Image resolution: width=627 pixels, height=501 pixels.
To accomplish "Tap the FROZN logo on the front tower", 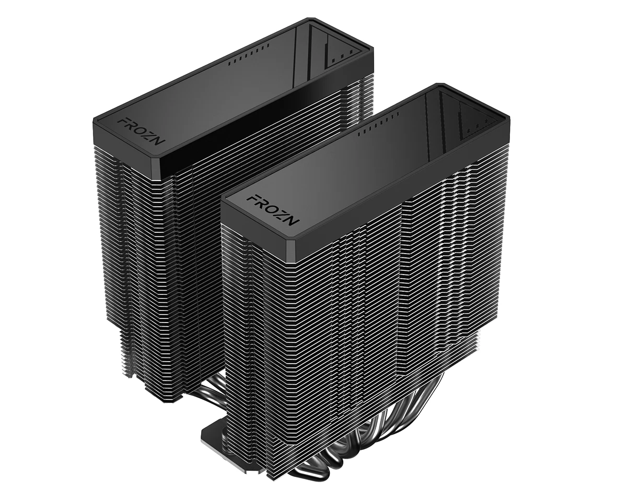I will pos(272,208).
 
